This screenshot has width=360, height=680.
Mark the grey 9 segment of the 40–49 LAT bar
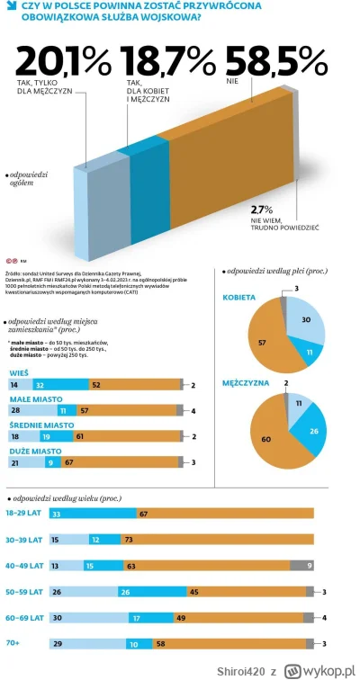click(x=301, y=565)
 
